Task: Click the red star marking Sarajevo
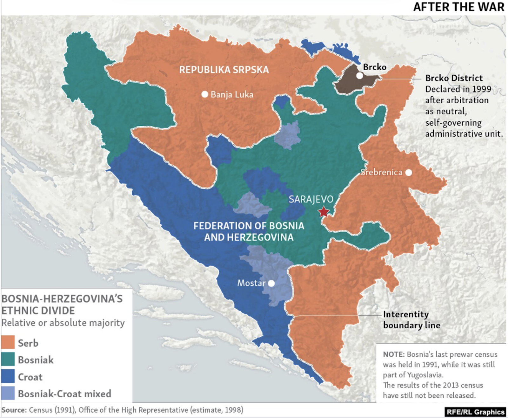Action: click(x=324, y=212)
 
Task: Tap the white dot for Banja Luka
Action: click(x=205, y=94)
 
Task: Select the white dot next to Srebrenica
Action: click(x=409, y=173)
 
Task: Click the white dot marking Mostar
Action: click(x=271, y=283)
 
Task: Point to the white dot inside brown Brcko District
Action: click(x=359, y=76)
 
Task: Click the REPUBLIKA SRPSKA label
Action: click(x=224, y=70)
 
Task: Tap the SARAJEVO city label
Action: click(x=311, y=199)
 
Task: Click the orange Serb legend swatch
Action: click(x=8, y=342)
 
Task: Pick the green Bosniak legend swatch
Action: click(x=8, y=359)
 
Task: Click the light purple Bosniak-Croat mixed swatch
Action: click(x=8, y=393)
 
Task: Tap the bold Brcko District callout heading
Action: click(x=454, y=78)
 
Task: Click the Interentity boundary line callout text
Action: click(x=411, y=320)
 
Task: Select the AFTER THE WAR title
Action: click(x=458, y=7)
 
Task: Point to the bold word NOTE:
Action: click(x=394, y=354)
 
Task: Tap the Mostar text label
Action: click(x=251, y=283)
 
